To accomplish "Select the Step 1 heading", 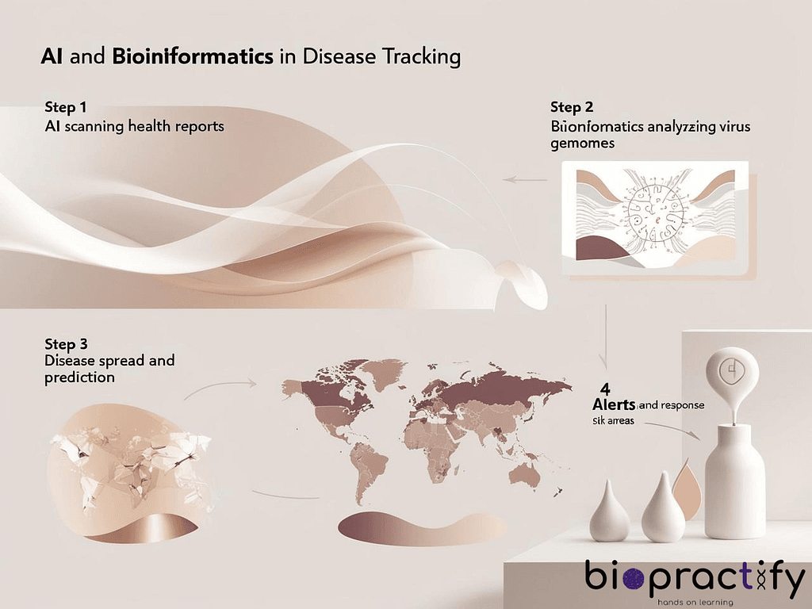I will click(66, 107).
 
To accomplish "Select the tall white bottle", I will click(741, 476).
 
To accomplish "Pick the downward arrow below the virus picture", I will click(607, 333).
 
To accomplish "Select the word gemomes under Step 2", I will click(581, 144).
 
